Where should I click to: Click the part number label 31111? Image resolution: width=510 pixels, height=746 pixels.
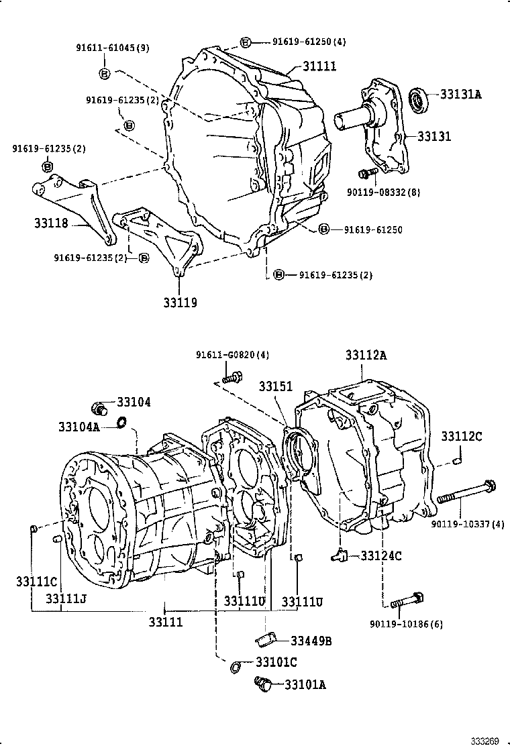tap(319, 66)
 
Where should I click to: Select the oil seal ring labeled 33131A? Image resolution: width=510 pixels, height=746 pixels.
tap(419, 99)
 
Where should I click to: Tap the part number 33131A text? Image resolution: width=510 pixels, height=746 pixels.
tap(461, 95)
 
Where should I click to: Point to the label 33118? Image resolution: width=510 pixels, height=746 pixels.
tap(52, 223)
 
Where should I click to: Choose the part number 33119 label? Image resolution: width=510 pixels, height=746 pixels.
tap(179, 303)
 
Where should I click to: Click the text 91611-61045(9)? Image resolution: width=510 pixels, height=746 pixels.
tap(112, 48)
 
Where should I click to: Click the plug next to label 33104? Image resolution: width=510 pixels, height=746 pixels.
tap(100, 407)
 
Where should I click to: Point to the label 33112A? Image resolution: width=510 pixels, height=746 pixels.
tap(366, 356)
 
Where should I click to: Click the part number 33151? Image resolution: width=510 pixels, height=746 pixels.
tap(276, 387)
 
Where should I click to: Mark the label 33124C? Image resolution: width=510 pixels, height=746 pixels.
tap(380, 555)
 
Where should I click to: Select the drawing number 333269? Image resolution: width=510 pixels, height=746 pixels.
tap(484, 741)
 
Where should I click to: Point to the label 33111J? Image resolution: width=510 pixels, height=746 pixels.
tap(66, 598)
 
